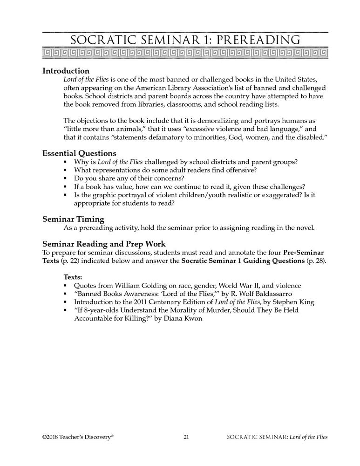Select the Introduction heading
coord(66,71)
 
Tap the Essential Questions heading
coord(79,153)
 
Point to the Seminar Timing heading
coord(73,219)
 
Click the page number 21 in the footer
coord(186,436)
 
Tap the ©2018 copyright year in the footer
coord(51,436)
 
